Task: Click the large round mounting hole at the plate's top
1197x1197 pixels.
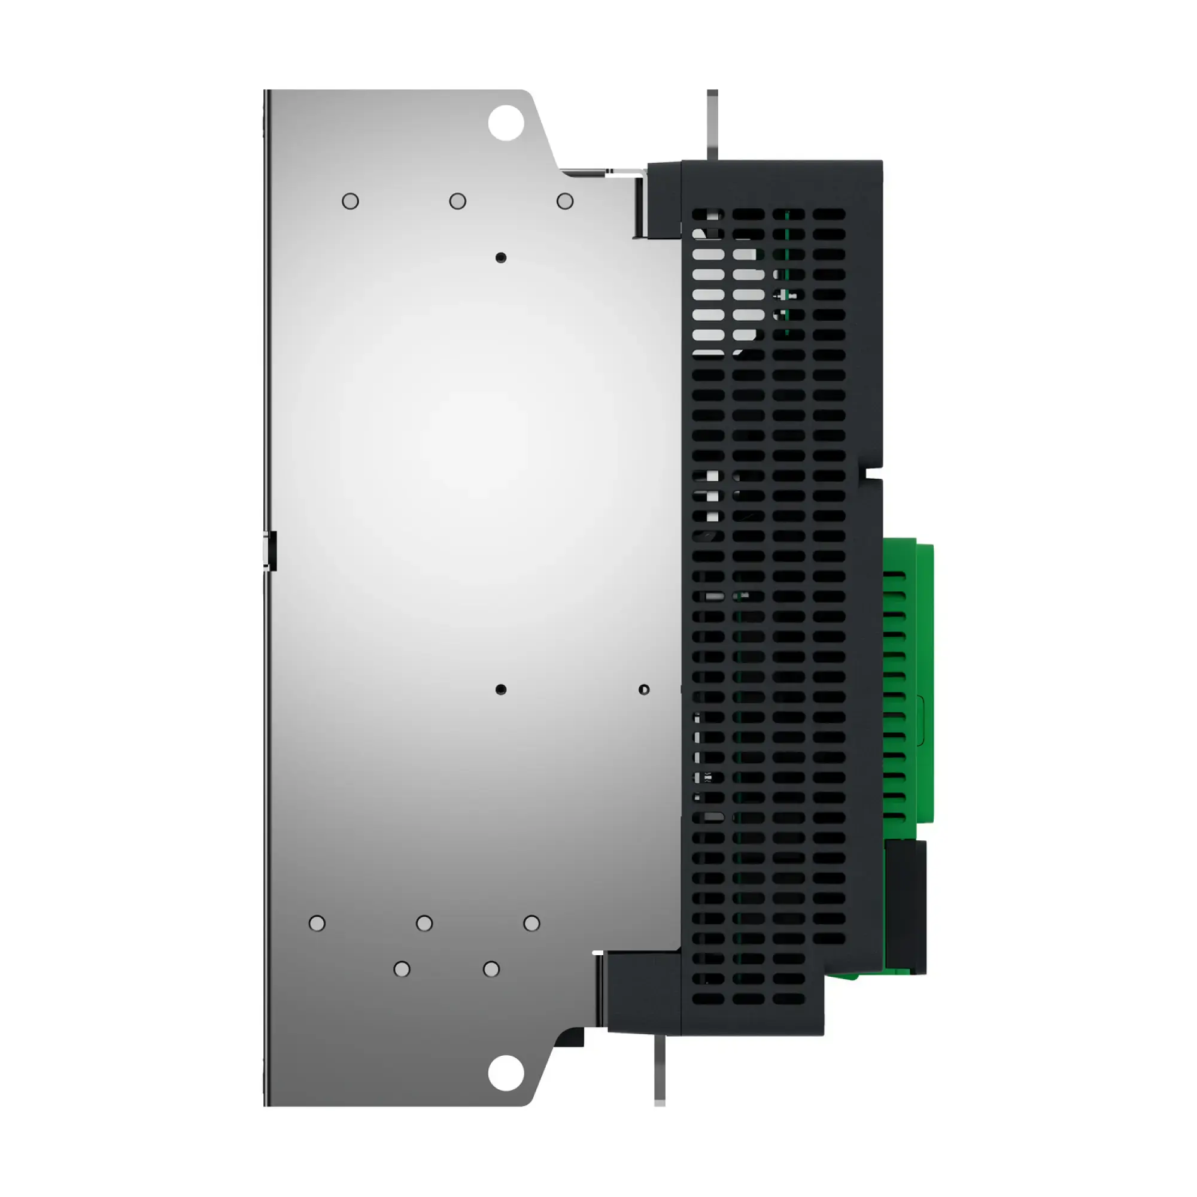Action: pos(506,122)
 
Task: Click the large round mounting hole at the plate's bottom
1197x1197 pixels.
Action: pos(506,1073)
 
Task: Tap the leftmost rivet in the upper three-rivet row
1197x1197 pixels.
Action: pos(350,200)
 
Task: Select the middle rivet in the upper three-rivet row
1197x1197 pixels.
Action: pos(457,200)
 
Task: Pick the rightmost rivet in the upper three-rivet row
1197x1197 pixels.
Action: pos(564,200)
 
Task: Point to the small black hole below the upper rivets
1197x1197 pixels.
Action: pos(500,257)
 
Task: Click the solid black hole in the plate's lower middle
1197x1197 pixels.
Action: pos(500,689)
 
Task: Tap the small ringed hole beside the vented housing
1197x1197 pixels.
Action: pos(644,689)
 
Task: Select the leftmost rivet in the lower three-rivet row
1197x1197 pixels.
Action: pos(317,923)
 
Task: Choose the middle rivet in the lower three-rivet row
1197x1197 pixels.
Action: pos(424,923)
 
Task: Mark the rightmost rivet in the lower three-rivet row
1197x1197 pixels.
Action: pos(531,923)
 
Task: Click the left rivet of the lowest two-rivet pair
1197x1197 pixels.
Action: pos(402,969)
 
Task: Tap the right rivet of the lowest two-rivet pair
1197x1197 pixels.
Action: pos(491,969)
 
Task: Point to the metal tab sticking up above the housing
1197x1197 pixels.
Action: pos(712,124)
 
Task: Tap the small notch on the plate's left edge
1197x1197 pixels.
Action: pos(269,550)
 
